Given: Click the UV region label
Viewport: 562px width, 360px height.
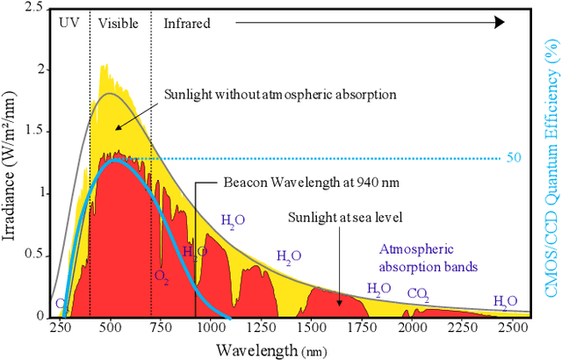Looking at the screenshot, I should point(68,24).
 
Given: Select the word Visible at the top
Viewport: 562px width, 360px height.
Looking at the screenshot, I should point(119,24).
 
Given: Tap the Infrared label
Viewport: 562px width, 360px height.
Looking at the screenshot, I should point(187,24).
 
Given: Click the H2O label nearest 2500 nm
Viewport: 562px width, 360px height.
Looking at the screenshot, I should point(505,301).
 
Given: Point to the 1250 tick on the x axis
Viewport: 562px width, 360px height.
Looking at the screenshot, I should point(259,327).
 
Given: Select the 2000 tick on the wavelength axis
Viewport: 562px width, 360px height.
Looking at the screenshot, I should point(410,327).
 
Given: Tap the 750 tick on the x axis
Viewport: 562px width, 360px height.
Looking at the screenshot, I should point(160,327).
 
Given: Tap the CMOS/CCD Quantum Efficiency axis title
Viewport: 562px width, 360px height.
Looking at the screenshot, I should point(551,164).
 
